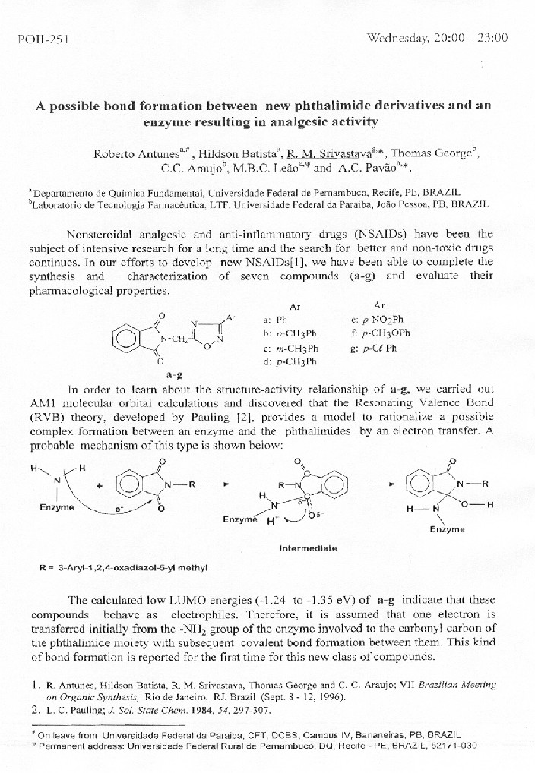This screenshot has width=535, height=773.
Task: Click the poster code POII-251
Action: [x=43, y=39]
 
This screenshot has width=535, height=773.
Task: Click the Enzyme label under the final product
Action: [x=447, y=528]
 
